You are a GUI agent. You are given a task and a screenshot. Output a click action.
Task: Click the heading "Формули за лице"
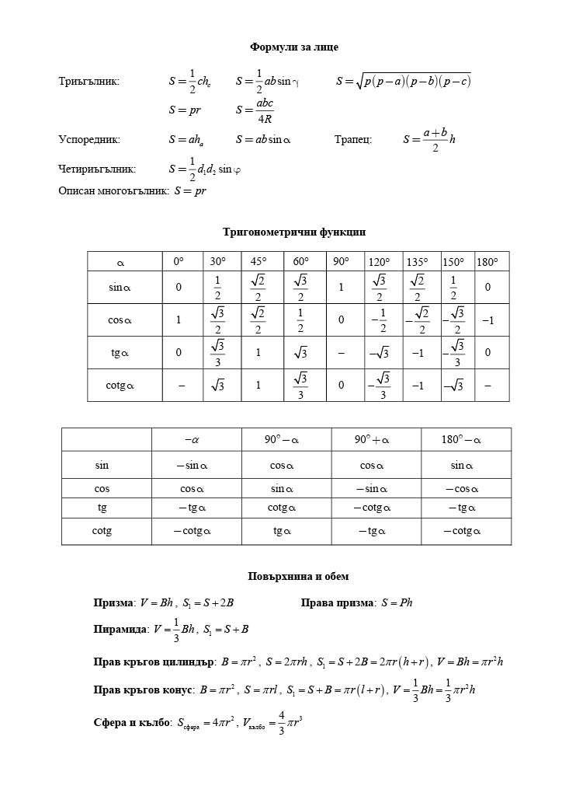click(293, 47)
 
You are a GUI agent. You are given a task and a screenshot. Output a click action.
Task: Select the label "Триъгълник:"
click(89, 81)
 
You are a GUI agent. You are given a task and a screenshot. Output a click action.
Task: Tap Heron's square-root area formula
click(403, 81)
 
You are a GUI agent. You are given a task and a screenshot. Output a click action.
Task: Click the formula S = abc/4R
click(254, 111)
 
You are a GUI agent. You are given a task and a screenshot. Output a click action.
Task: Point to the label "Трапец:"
click(353, 140)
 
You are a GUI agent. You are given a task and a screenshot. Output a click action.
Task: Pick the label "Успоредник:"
click(89, 140)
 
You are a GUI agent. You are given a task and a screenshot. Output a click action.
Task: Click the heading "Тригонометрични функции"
click(293, 232)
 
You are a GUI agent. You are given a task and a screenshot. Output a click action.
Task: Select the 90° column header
click(341, 262)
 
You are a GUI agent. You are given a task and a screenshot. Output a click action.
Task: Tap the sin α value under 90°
click(341, 288)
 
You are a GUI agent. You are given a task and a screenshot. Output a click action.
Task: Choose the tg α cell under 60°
click(300, 352)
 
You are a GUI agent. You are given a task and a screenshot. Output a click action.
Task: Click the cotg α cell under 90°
click(341, 385)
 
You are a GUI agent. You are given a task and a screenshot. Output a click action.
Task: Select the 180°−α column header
click(461, 440)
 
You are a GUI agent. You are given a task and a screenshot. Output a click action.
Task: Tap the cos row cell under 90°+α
click(376, 488)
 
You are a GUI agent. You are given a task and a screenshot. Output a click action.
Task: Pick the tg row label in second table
click(102, 508)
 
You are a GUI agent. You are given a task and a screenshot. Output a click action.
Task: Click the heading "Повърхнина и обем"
click(298, 577)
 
